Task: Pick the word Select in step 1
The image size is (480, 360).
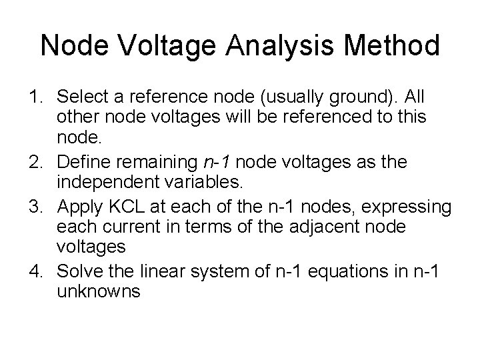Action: click(79, 98)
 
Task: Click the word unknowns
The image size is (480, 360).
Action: click(99, 291)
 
